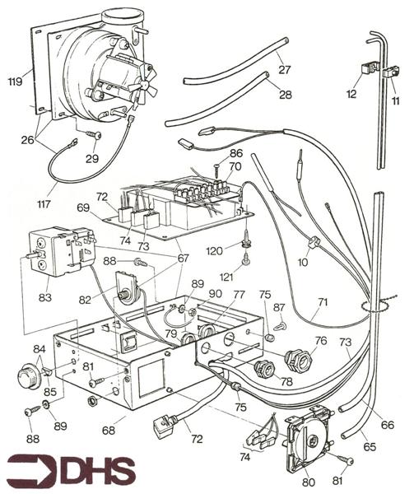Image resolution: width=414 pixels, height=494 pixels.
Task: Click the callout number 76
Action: coord(321,340)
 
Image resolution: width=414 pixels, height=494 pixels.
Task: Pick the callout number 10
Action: coord(304,262)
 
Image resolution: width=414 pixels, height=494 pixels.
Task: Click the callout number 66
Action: coord(387,425)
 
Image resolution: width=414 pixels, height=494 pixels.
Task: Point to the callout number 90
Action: coord(215,294)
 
